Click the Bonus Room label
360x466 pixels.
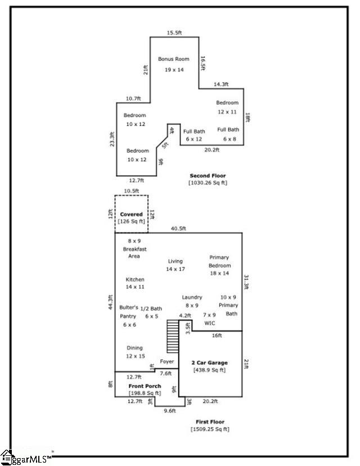pos(174,59)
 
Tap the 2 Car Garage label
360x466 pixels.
pos(209,362)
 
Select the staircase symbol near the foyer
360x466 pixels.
pos(172,335)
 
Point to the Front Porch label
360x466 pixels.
pos(145,386)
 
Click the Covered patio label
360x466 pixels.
pos(131,214)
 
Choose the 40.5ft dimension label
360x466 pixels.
pos(179,228)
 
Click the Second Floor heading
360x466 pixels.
pos(208,176)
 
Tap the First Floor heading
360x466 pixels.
pos(210,422)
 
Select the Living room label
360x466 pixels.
pos(175,261)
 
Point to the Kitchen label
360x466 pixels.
pos(135,280)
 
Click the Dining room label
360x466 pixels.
pos(134,348)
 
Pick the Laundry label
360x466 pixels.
pos(192,297)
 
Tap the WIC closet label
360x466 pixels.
pos(209,323)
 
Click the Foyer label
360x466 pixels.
pos(167,361)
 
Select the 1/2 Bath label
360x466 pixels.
pos(151,308)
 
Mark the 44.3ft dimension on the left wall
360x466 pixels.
pos(111,304)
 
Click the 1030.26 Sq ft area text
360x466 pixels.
pos(208,183)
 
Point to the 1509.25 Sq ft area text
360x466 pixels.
pos(210,429)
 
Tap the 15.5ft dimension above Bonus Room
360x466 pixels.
pos(174,33)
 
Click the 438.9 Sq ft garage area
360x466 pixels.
pos(209,370)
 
